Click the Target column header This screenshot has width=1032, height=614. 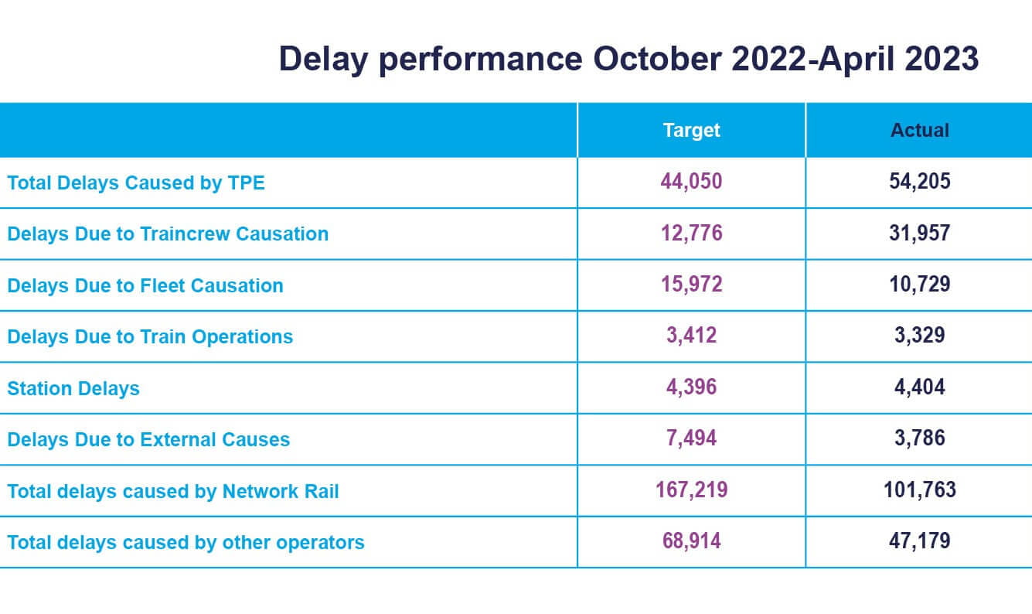pyautogui.click(x=691, y=130)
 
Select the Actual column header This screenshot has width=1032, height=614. pyautogui.click(x=919, y=130)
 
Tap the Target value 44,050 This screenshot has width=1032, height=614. pyautogui.click(x=691, y=182)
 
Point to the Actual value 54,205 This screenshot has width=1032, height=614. pyautogui.click(x=919, y=182)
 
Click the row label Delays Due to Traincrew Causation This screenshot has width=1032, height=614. pyautogui.click(x=168, y=234)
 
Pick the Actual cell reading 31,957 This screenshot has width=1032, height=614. pyautogui.click(x=919, y=233)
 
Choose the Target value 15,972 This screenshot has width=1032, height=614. pyautogui.click(x=691, y=285)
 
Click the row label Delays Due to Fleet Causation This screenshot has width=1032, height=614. pyautogui.click(x=145, y=285)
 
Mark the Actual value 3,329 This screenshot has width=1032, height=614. pyautogui.click(x=919, y=336)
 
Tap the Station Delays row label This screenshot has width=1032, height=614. pyautogui.click(x=73, y=388)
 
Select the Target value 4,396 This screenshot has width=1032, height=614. pyautogui.click(x=691, y=387)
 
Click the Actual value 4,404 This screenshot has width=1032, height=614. pyautogui.click(x=919, y=387)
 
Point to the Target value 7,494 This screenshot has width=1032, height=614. pyautogui.click(x=691, y=438)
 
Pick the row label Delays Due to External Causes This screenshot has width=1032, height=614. pyautogui.click(x=148, y=439)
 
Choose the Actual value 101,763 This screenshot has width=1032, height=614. pyautogui.click(x=919, y=489)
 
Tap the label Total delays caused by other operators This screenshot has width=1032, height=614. pyautogui.click(x=186, y=542)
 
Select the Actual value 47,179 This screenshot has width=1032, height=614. pyautogui.click(x=919, y=541)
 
